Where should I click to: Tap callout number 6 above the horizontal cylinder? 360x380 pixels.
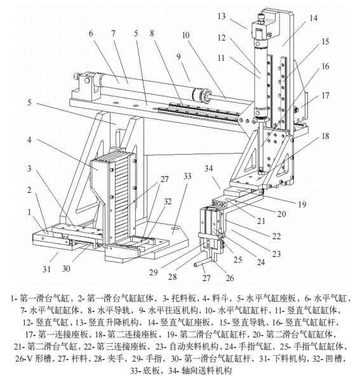coord(91,33)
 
